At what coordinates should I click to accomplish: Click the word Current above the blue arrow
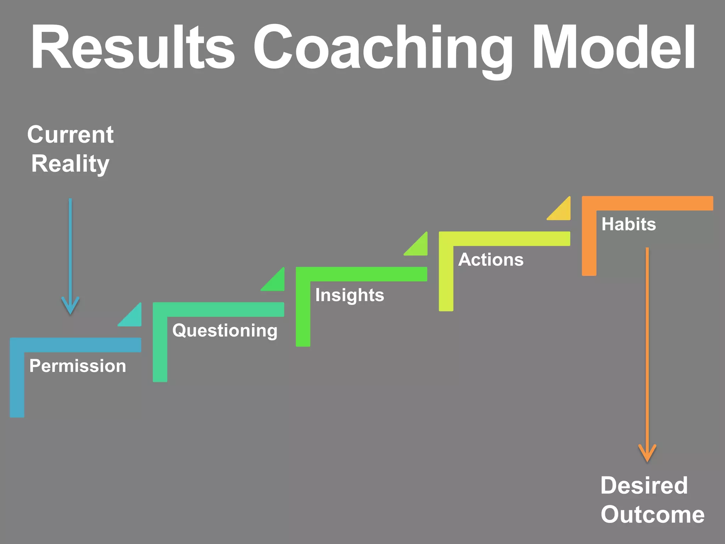coord(70,135)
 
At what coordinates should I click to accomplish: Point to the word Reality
coord(70,164)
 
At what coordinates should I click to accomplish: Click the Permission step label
coord(78,366)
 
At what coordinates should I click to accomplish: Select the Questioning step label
coord(225,330)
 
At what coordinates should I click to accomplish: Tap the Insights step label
coord(349,295)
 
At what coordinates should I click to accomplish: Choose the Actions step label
coord(491,260)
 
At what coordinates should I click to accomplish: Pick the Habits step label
coord(628,224)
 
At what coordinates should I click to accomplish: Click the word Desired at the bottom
coord(644,485)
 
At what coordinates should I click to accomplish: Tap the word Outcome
coord(652,514)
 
